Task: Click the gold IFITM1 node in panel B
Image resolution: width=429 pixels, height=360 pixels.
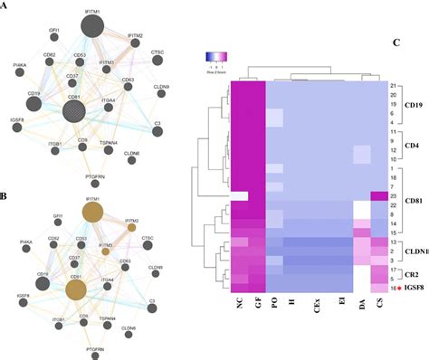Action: coord(93,212)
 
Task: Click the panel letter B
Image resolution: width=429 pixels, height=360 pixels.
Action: coord(6,195)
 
